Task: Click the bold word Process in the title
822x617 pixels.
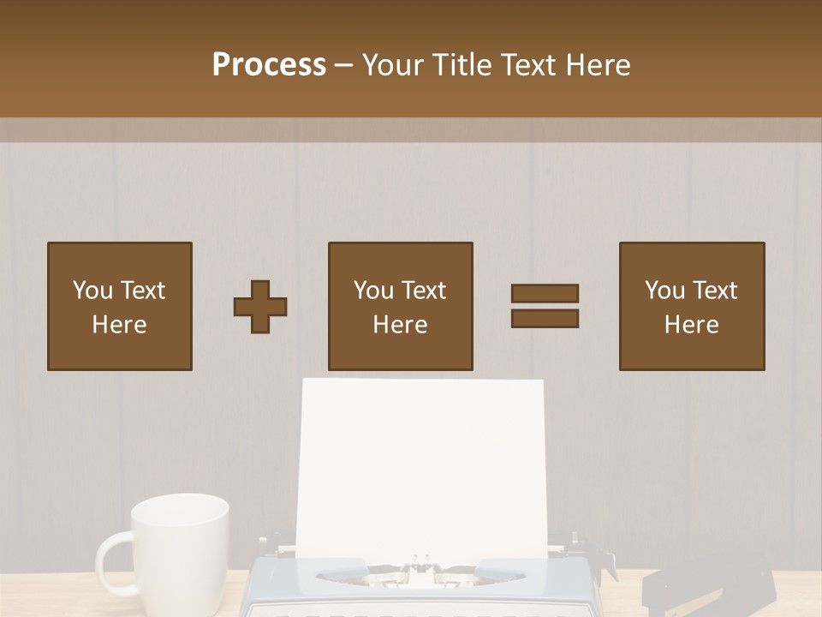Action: click(269, 65)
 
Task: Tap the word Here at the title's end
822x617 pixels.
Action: click(597, 65)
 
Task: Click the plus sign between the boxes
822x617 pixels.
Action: click(260, 307)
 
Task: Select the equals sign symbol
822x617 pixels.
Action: click(545, 306)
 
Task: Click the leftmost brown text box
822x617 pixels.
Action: click(120, 306)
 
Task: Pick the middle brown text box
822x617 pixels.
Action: click(401, 306)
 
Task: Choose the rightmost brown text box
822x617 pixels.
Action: click(692, 306)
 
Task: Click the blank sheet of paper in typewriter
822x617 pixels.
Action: click(420, 463)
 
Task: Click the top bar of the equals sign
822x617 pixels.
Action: click(545, 293)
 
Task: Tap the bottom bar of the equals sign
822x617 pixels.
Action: click(545, 319)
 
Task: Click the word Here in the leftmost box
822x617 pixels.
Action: click(120, 325)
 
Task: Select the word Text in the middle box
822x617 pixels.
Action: click(423, 291)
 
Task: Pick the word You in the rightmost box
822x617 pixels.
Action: click(664, 291)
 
